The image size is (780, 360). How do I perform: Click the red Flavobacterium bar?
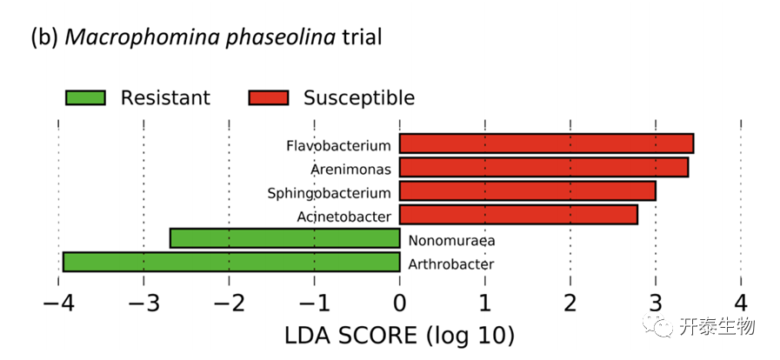click(x=546, y=143)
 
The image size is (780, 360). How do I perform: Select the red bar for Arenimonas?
click(x=543, y=167)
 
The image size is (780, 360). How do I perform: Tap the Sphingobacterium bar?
click(x=527, y=190)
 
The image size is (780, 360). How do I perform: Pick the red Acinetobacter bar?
click(x=518, y=214)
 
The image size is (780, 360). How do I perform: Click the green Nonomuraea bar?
click(x=284, y=238)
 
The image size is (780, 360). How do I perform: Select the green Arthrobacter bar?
click(x=231, y=262)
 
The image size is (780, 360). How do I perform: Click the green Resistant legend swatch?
click(x=85, y=97)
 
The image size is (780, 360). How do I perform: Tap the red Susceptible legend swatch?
click(x=268, y=97)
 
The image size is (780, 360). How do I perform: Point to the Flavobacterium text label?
click(x=338, y=145)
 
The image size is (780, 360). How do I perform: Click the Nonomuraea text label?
click(x=439, y=241)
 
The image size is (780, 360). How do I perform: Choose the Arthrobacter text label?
click(x=450, y=264)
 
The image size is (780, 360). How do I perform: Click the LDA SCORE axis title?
click(x=399, y=335)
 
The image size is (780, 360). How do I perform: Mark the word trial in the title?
click(x=359, y=38)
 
